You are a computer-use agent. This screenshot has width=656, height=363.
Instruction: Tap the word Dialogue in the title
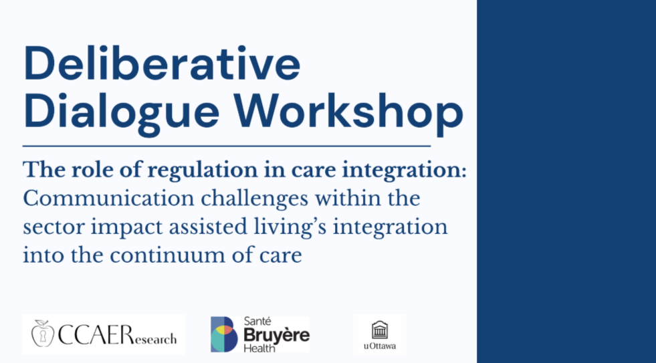121,111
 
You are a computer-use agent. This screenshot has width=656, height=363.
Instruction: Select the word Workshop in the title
348,111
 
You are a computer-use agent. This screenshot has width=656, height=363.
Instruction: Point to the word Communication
108,199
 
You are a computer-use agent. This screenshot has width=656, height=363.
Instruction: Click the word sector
53,228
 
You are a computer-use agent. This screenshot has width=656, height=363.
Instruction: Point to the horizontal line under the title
227,146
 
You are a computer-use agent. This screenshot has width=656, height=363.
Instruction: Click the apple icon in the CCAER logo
43,334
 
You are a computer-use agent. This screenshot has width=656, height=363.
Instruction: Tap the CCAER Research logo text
117,335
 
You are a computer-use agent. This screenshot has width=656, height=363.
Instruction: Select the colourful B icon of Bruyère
224,334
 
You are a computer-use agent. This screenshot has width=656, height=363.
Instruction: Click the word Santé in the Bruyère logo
257,322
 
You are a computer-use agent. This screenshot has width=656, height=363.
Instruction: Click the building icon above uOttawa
380,330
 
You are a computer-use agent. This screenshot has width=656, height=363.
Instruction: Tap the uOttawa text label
380,346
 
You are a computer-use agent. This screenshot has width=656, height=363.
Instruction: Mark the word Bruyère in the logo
277,336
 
